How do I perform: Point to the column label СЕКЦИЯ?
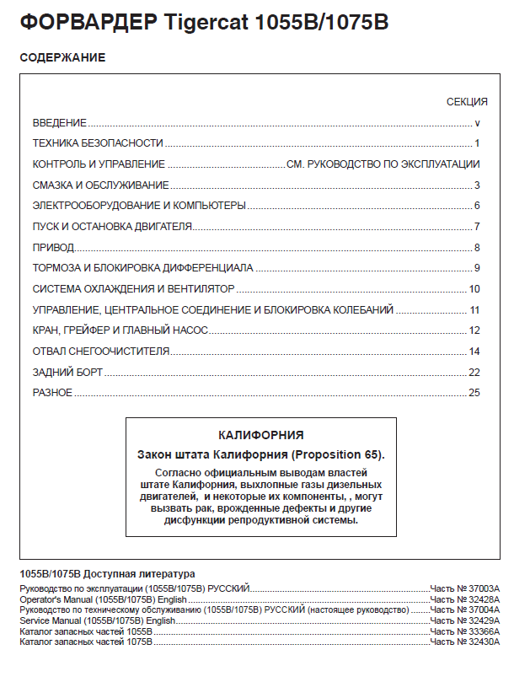click(467, 102)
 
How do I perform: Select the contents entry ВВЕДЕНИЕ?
click(59, 123)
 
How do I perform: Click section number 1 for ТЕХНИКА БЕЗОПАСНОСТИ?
click(477, 143)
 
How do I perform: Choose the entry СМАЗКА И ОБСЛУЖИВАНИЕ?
click(100, 185)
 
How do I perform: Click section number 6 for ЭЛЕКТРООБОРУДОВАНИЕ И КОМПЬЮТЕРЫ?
click(477, 206)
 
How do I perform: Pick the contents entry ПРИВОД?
click(53, 248)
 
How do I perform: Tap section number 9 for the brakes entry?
click(477, 268)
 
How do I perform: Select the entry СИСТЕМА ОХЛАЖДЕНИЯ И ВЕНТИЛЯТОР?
click(121, 289)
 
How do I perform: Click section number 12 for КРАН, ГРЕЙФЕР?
click(474, 330)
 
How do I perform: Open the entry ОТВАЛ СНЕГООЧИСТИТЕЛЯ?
click(101, 352)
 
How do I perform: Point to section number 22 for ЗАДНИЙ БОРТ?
click(474, 372)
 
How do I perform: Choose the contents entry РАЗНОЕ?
click(52, 393)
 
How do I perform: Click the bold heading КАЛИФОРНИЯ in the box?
click(260, 436)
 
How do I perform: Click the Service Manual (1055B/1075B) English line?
click(97, 620)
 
